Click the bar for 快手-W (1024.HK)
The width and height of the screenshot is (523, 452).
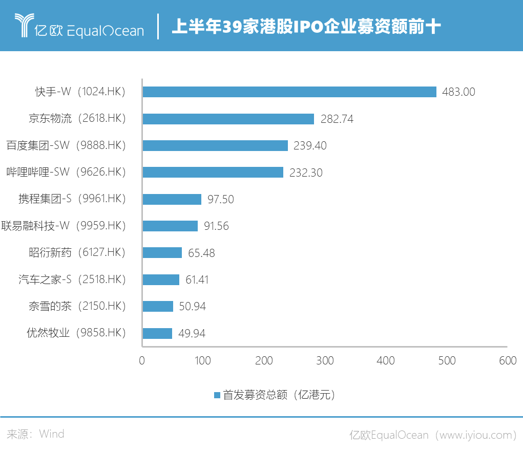tap(289, 92)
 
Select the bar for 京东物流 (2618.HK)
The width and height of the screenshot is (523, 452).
tap(228, 119)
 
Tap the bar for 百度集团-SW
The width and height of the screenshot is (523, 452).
tap(215, 145)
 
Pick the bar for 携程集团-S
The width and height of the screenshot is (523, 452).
tap(172, 199)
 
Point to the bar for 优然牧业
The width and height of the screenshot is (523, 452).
tap(157, 333)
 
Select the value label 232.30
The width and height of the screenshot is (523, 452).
tap(306, 173)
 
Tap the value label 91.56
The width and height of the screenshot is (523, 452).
tap(216, 226)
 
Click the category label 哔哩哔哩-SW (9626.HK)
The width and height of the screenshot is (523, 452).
tap(65, 172)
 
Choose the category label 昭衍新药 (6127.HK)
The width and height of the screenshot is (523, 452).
tap(77, 252)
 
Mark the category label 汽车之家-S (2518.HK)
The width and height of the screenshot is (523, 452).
tap(72, 279)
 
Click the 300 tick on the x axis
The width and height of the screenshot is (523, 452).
tap(325, 361)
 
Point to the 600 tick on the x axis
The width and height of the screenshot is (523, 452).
tap(508, 361)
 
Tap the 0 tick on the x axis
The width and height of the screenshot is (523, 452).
tap(142, 361)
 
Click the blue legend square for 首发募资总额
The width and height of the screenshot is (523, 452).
tap(217, 395)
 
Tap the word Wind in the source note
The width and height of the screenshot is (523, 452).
tap(52, 434)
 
